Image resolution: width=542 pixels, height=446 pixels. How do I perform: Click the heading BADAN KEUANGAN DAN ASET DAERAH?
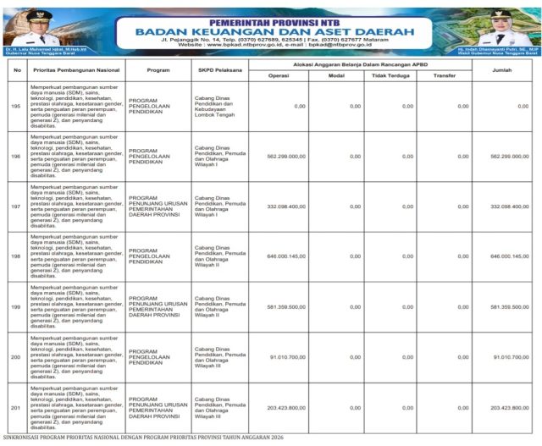click(x=270, y=31)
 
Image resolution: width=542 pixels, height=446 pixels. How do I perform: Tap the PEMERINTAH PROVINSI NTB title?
click(x=270, y=19)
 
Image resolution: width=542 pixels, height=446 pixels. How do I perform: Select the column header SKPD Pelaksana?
click(x=217, y=69)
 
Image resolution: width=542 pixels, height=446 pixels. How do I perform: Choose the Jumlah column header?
click(x=502, y=69)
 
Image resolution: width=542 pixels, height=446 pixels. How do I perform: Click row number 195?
click(x=15, y=106)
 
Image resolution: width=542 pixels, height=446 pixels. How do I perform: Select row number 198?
click(x=15, y=256)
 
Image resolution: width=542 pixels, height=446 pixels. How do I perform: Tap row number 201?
click(x=15, y=408)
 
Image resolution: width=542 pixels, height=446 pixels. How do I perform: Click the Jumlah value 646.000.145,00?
click(x=509, y=256)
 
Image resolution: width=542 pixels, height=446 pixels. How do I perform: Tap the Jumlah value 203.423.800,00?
click(x=509, y=408)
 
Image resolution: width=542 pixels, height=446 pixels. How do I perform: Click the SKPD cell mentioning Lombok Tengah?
click(x=216, y=106)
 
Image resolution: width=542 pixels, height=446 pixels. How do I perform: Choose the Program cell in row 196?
click(x=149, y=157)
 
